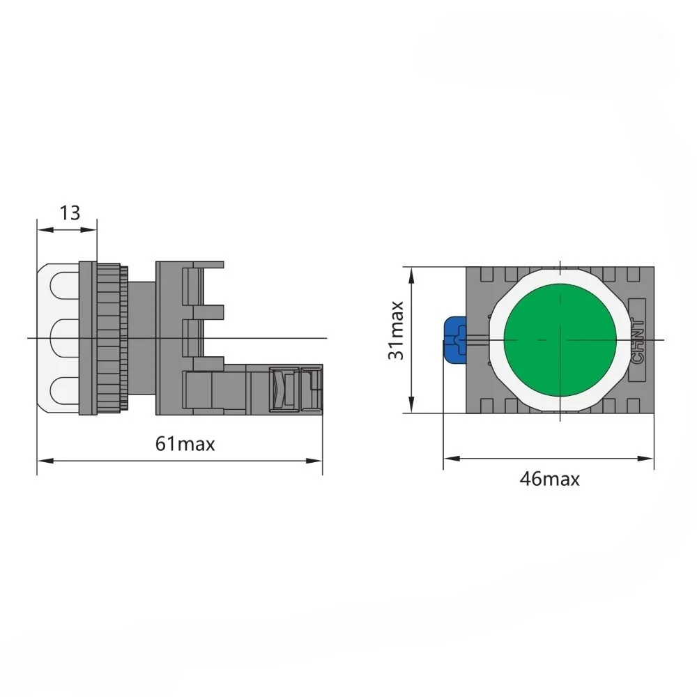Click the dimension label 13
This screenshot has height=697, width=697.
click(70, 213)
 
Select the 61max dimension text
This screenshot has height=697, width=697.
click(185, 444)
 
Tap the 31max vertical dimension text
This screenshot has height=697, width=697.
click(396, 330)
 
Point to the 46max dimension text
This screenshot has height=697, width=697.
click(549, 480)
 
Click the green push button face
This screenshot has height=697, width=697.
click(560, 339)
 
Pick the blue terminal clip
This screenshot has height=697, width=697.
click(454, 339)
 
